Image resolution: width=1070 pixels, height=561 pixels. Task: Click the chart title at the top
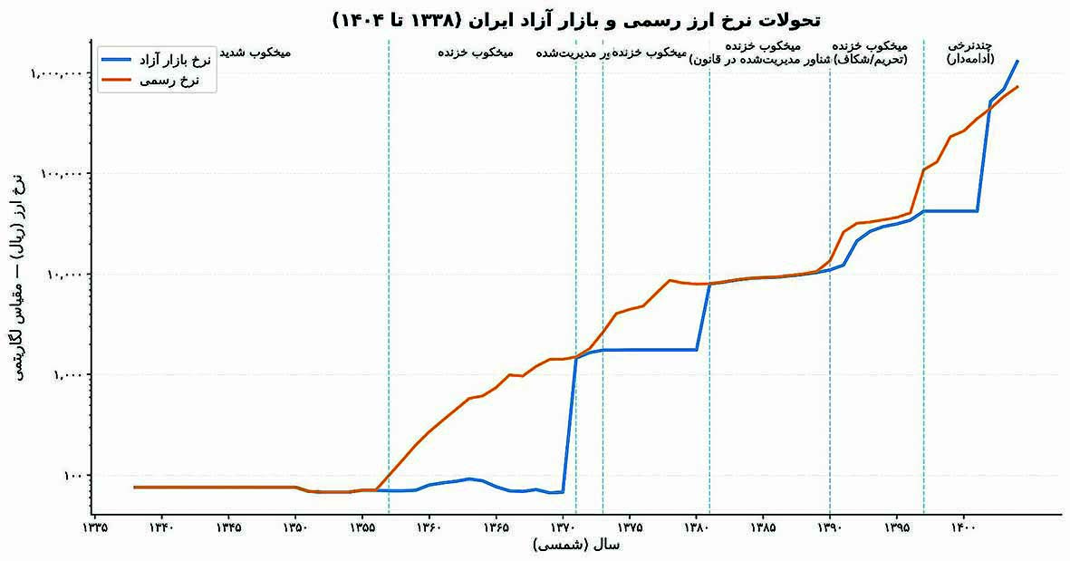tap(577, 18)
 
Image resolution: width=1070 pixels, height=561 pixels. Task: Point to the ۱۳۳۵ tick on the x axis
tap(94, 526)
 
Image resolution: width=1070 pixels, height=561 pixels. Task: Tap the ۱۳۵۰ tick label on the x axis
tap(294, 526)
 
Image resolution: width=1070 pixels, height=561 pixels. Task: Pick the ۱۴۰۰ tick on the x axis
tap(963, 526)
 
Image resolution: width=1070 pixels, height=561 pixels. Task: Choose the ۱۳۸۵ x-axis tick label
tap(763, 526)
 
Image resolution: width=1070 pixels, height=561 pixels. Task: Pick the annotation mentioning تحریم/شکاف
tap(874, 53)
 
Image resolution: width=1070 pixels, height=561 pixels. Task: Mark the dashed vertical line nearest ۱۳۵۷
tap(389, 272)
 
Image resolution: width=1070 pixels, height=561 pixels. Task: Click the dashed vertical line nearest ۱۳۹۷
tap(923, 272)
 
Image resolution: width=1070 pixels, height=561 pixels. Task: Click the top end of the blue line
tap(1017, 62)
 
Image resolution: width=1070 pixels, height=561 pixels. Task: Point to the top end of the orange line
tap(1017, 87)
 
